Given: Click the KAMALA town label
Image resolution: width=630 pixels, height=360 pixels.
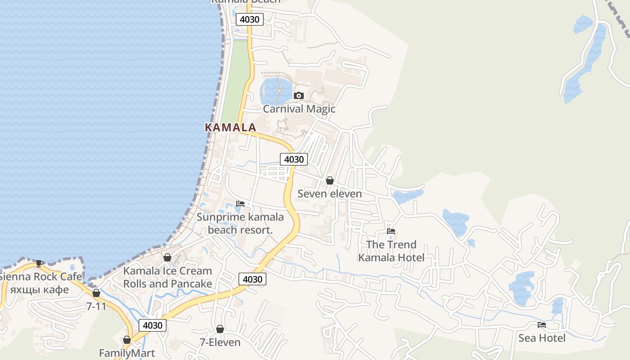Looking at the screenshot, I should coord(230,127).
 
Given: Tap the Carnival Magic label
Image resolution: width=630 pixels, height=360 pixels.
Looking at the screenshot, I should coord(299,109).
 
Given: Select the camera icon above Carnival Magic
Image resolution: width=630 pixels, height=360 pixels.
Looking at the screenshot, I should coord(298,95).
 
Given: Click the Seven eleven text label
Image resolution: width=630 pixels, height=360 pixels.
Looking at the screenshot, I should coord(329,193).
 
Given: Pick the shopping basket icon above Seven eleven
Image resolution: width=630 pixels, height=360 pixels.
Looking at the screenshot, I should coord(330,180).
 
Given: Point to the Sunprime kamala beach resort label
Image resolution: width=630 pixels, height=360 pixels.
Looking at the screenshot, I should coord(240,223).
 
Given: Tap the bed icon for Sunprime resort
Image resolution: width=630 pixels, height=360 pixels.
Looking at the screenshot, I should coord(240,204).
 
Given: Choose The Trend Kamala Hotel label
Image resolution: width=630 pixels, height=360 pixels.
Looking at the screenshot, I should coord(391,251).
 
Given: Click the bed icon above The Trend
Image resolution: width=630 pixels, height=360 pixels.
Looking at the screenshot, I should coord(391,231).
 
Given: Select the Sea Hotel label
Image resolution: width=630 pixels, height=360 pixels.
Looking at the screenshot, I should coord(542,337).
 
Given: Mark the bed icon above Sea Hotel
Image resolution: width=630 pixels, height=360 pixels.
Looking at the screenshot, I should coord(542,324).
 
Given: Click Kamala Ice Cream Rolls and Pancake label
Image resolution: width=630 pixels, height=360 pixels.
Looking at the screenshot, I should coord(167,277).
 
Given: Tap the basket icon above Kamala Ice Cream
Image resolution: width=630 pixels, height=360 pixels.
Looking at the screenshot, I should coord(167,257).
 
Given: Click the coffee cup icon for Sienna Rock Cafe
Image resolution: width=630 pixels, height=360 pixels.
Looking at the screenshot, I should coord(40,263).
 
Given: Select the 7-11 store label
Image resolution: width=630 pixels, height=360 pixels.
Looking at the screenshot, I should coord(96,306).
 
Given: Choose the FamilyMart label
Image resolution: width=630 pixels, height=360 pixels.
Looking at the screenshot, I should coord(127,353).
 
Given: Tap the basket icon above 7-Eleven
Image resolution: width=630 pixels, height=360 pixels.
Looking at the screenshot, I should coord(220,329).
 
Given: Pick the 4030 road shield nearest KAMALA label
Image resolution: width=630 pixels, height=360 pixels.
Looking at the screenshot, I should coord(294,159).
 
